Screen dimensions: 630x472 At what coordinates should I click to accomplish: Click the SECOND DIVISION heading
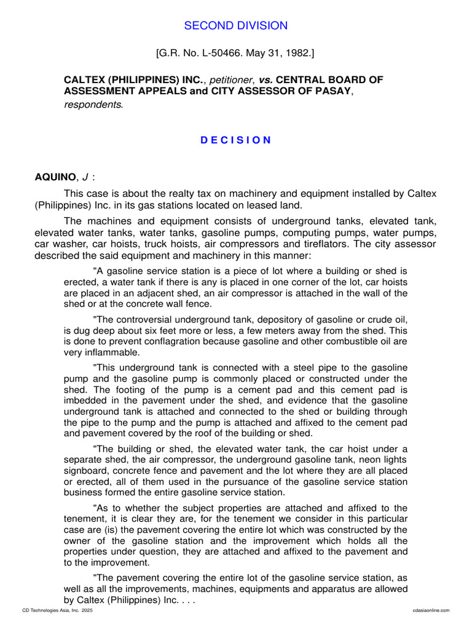[x=236, y=26]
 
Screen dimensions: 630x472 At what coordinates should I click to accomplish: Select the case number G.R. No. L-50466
[x=199, y=54]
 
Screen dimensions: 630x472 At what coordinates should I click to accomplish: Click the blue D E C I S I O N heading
[x=236, y=140]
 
